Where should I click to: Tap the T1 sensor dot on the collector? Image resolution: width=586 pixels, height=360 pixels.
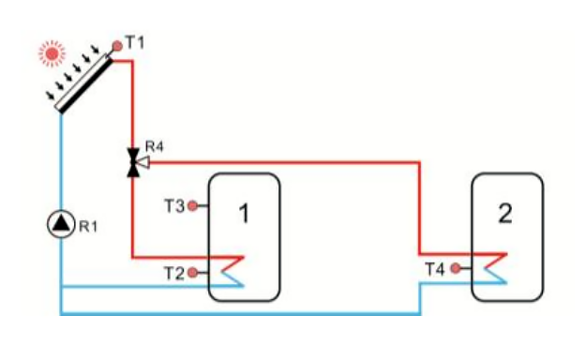click(116, 45)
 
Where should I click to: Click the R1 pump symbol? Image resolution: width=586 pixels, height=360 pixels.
click(60, 224)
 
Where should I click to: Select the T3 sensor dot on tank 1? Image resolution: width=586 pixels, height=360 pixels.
click(192, 205)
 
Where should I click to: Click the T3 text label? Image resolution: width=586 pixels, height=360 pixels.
click(173, 205)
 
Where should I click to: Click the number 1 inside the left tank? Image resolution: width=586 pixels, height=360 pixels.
click(244, 215)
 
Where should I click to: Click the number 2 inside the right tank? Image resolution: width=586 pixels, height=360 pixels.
click(506, 213)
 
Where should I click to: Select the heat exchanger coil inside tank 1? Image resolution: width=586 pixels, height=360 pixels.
click(231, 269)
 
